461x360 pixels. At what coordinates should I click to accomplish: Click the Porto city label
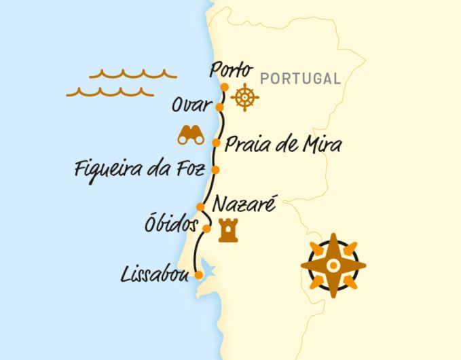click(x=232, y=70)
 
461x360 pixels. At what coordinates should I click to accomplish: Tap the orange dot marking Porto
click(x=225, y=86)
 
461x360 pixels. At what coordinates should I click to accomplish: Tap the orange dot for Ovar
click(x=219, y=107)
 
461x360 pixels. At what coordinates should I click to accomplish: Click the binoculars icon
click(x=191, y=135)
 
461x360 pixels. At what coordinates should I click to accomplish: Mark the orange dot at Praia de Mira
click(x=216, y=143)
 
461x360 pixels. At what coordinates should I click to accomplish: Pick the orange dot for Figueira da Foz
click(x=215, y=169)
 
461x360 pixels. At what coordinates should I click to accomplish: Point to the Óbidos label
click(x=170, y=225)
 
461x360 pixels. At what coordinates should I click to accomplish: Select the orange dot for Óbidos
click(x=207, y=228)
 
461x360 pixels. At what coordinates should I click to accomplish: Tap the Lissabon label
click(x=153, y=275)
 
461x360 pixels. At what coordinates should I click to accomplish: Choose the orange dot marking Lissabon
click(x=198, y=275)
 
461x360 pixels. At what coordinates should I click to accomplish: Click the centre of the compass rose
click(x=333, y=266)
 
